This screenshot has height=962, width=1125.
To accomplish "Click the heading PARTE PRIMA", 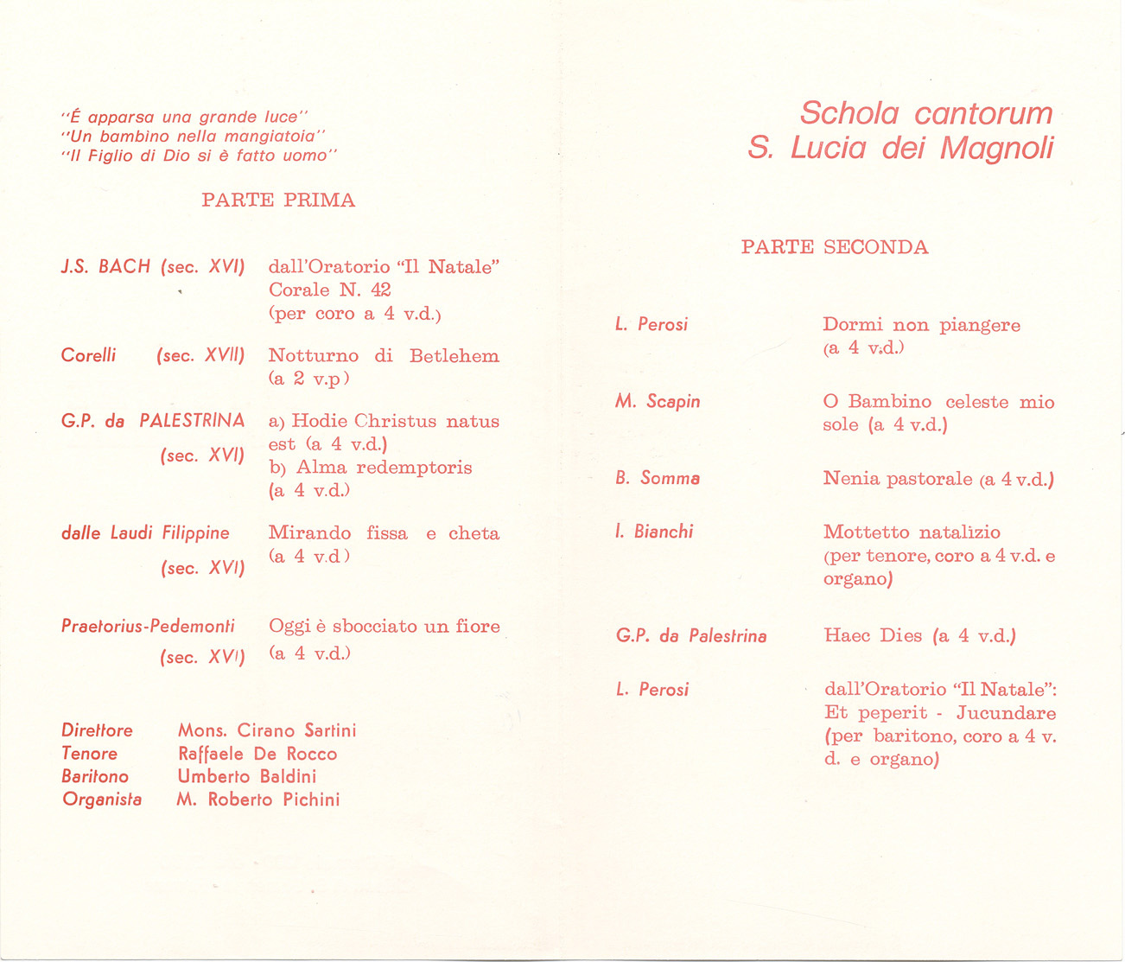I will click(x=278, y=201).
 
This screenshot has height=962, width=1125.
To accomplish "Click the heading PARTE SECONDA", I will click(x=835, y=247).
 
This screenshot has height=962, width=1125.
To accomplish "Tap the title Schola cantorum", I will click(x=926, y=113).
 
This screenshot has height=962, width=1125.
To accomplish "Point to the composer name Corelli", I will click(x=88, y=355).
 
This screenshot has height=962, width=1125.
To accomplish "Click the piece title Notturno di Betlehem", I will click(x=384, y=356).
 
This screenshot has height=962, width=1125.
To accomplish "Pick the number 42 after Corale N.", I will click(x=380, y=290).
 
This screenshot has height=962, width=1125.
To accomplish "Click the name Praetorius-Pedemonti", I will click(x=148, y=626).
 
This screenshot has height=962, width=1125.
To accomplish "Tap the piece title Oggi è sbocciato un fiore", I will click(x=385, y=627).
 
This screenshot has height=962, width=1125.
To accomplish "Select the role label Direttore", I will click(x=97, y=730).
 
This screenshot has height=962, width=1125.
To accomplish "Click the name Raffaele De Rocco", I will click(x=257, y=754).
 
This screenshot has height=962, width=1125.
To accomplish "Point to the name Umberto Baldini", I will click(x=247, y=776).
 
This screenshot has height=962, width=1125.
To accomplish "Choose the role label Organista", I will click(x=102, y=800).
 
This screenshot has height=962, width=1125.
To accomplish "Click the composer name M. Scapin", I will click(x=658, y=402).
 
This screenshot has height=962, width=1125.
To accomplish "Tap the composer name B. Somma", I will click(x=658, y=478).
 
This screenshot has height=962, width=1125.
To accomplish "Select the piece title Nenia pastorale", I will click(x=898, y=479).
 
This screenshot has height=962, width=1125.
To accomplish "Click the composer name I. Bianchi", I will click(x=654, y=532).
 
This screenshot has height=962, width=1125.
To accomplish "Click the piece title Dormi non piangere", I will click(x=921, y=326).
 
